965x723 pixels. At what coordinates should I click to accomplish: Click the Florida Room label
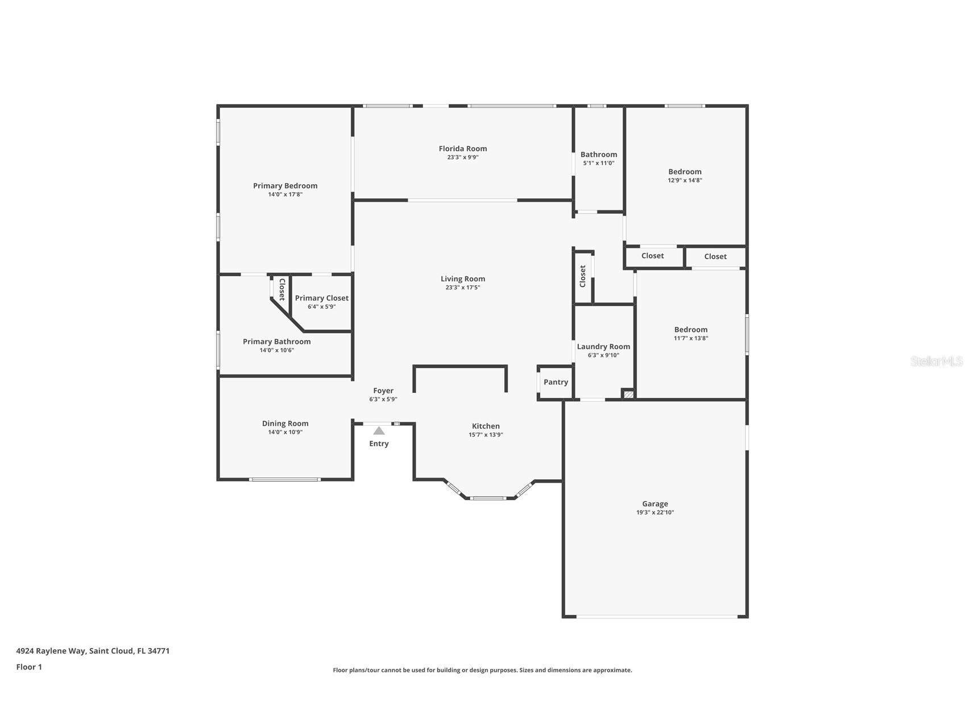[462, 148]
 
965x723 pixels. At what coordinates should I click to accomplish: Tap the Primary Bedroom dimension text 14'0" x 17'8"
[285, 194]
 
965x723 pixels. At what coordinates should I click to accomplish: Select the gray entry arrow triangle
[379, 431]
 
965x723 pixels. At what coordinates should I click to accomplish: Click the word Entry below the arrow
[379, 444]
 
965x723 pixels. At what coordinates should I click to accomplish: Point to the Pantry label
[556, 382]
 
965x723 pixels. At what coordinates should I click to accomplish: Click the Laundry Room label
[603, 347]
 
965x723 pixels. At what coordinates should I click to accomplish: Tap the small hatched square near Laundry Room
[628, 393]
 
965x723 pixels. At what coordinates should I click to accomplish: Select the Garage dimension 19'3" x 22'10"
[655, 513]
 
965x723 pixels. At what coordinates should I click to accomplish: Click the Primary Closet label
[321, 298]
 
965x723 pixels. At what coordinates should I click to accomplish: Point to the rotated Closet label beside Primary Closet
[281, 289]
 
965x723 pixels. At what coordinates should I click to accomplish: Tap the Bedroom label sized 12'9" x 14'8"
[685, 172]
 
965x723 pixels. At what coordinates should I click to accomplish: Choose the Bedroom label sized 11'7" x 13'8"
[690, 330]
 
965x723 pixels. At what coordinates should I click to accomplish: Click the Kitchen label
[486, 426]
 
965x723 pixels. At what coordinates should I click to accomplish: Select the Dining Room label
[285, 423]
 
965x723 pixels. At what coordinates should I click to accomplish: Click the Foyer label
[383, 390]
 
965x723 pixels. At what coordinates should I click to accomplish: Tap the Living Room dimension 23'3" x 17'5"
[462, 288]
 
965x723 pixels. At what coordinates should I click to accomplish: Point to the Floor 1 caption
[29, 667]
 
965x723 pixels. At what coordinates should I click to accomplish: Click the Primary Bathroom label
[276, 342]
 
